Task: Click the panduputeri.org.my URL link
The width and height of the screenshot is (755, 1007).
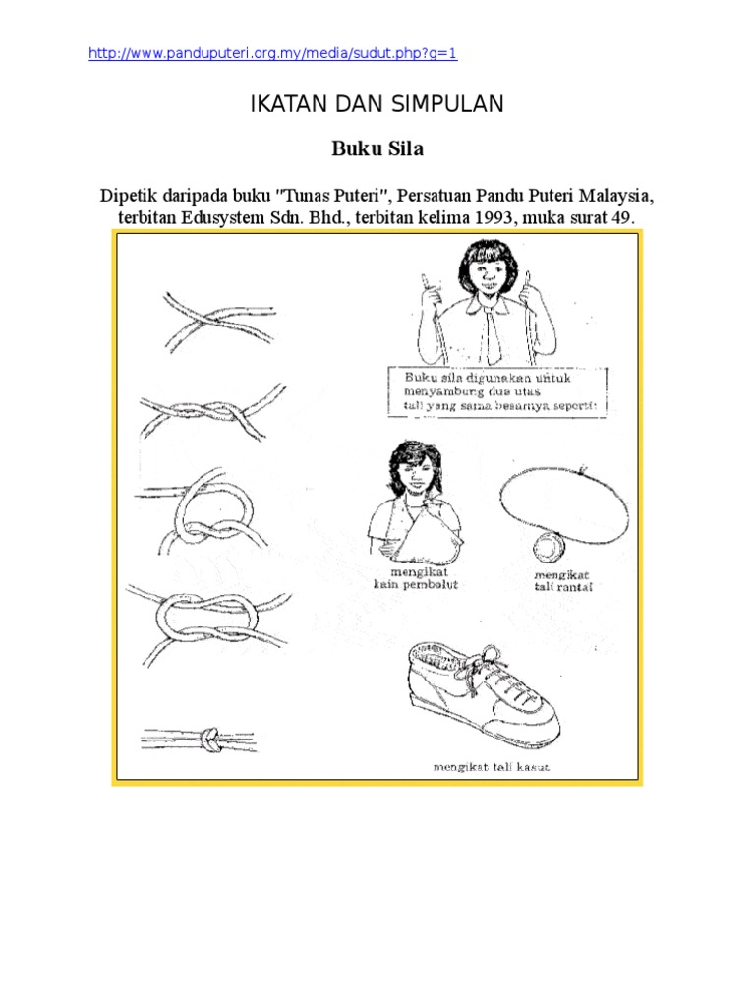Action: point(272,54)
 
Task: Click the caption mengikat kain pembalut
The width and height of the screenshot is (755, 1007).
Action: point(416,577)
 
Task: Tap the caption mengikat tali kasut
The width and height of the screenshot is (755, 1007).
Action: point(489,767)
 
